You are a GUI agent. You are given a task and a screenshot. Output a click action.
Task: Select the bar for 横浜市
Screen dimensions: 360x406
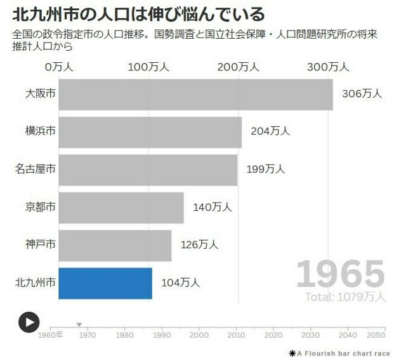(x=150, y=132)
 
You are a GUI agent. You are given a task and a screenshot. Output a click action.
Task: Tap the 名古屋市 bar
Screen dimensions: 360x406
(x=148, y=170)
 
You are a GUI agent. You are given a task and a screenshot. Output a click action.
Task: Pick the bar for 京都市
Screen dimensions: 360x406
(x=121, y=208)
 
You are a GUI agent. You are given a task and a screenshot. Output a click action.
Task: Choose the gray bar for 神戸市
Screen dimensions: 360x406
(x=115, y=245)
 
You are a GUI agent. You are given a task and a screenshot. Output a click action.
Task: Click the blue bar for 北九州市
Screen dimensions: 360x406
(x=105, y=283)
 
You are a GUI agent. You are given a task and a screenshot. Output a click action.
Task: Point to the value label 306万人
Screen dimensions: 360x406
(x=362, y=93)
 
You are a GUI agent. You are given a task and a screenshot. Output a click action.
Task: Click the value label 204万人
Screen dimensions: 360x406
(x=270, y=131)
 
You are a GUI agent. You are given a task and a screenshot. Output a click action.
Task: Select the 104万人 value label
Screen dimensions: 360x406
(x=181, y=283)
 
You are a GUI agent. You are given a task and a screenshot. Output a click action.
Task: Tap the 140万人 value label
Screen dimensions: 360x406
(x=213, y=207)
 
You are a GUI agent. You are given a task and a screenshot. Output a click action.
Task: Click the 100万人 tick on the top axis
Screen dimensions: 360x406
(x=148, y=67)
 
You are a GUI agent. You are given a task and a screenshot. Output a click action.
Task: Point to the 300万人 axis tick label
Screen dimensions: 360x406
(x=329, y=67)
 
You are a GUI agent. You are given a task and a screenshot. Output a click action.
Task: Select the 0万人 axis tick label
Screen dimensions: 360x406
(x=59, y=67)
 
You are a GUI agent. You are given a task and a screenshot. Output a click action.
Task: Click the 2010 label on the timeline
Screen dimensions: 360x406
(x=237, y=335)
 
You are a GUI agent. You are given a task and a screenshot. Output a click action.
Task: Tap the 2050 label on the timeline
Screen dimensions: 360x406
(x=375, y=335)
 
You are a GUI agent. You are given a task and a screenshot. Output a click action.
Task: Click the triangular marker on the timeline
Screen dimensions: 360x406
(x=79, y=325)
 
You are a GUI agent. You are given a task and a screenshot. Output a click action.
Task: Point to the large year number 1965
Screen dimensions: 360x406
(x=341, y=274)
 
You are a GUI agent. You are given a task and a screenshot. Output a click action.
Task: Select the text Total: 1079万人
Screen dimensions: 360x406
(x=344, y=297)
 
